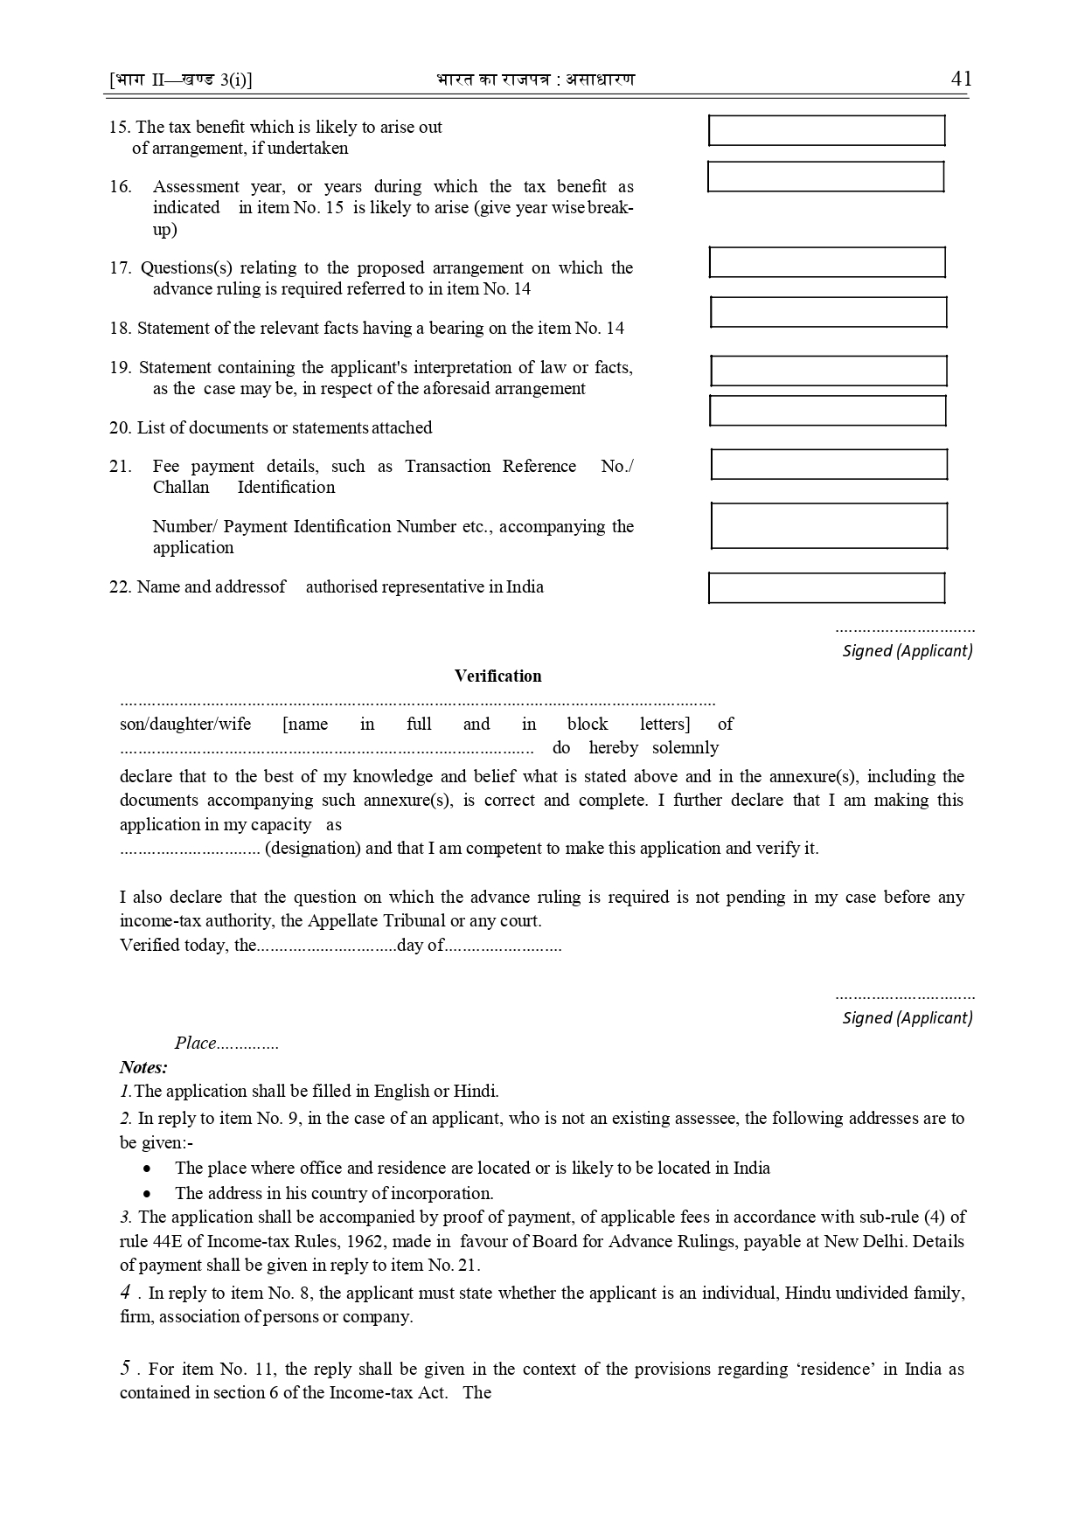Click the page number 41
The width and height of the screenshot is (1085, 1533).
tap(961, 79)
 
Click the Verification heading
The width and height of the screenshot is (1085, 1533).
tap(497, 676)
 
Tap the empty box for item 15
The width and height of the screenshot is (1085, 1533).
tap(826, 130)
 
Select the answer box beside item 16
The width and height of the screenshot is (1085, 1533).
tap(825, 177)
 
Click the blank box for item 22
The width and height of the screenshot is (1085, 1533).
tap(826, 588)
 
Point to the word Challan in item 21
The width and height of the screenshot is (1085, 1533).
tap(181, 488)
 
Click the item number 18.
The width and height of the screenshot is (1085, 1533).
tap(120, 329)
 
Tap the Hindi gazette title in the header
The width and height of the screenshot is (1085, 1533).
tap(535, 80)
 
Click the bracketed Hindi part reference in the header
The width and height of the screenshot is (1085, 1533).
tap(181, 80)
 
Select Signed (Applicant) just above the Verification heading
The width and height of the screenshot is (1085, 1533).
tap(907, 650)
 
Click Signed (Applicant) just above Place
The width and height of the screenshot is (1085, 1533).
tap(907, 1017)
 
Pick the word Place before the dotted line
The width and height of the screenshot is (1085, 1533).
tap(195, 1043)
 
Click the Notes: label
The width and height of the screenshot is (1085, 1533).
tap(143, 1067)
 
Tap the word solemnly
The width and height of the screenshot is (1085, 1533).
tap(685, 748)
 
